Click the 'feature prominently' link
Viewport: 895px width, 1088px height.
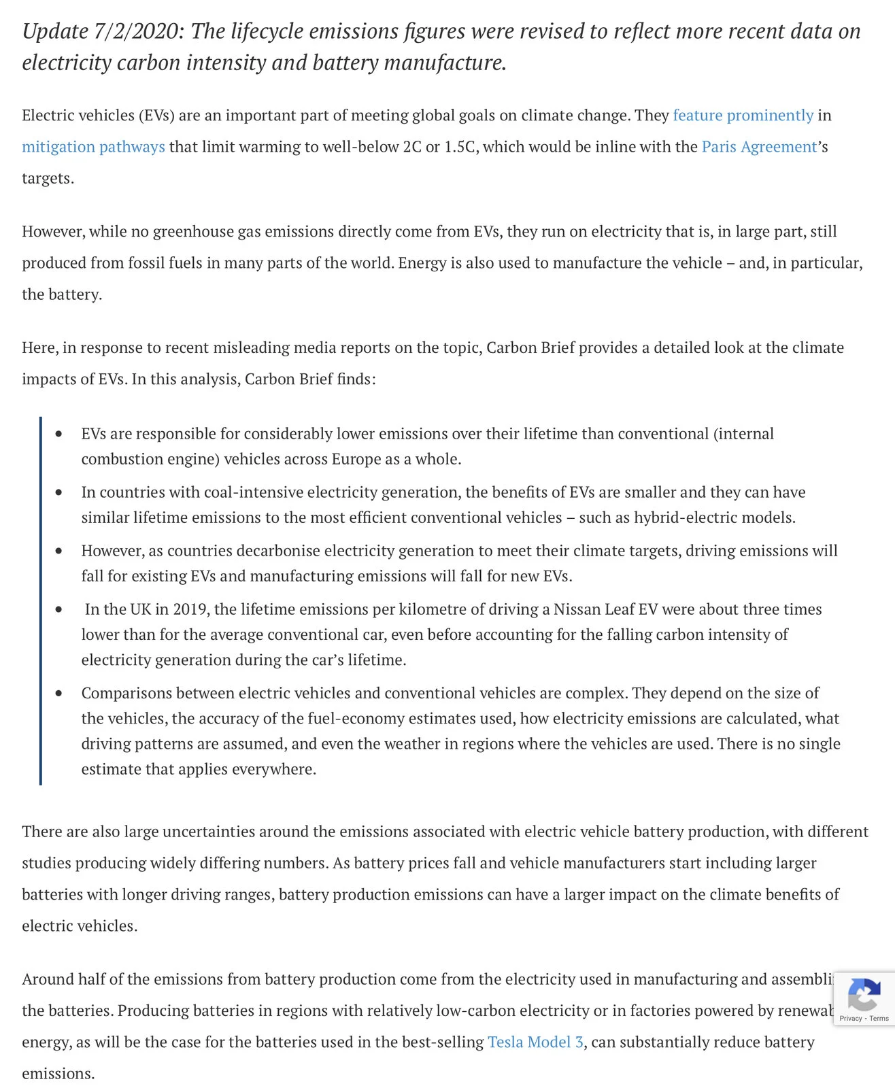[743, 116]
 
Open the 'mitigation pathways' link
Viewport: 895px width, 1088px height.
[93, 147]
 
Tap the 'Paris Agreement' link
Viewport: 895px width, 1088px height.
[759, 147]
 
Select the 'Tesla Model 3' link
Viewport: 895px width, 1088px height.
[535, 1042]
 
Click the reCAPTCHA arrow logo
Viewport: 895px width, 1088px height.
[864, 996]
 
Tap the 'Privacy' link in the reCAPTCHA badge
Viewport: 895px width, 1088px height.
[850, 1019]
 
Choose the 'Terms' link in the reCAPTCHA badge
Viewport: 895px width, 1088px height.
[879, 1019]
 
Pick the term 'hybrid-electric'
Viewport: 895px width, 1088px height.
[680, 518]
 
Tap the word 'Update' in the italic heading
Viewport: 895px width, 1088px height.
[55, 32]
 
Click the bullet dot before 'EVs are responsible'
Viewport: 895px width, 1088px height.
[59, 434]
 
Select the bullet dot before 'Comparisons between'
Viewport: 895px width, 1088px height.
[59, 694]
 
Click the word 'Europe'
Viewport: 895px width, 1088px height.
[356, 460]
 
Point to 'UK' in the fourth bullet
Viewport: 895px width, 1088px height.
[141, 609]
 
